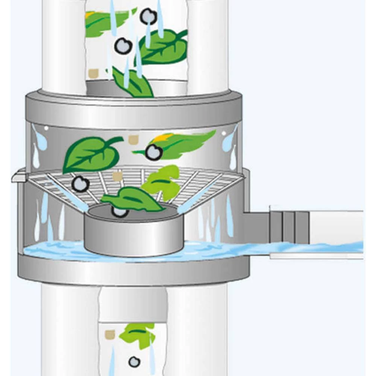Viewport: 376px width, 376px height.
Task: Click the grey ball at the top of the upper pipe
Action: (x=148, y=17)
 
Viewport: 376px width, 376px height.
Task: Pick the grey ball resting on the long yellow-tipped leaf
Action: (x=154, y=152)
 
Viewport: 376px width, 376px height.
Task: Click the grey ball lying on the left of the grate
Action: (x=80, y=184)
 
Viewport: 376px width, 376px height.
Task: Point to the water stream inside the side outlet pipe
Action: (x=320, y=247)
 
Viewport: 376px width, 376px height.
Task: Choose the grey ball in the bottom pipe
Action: (x=134, y=362)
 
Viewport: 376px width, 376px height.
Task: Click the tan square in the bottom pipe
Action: (x=110, y=334)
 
